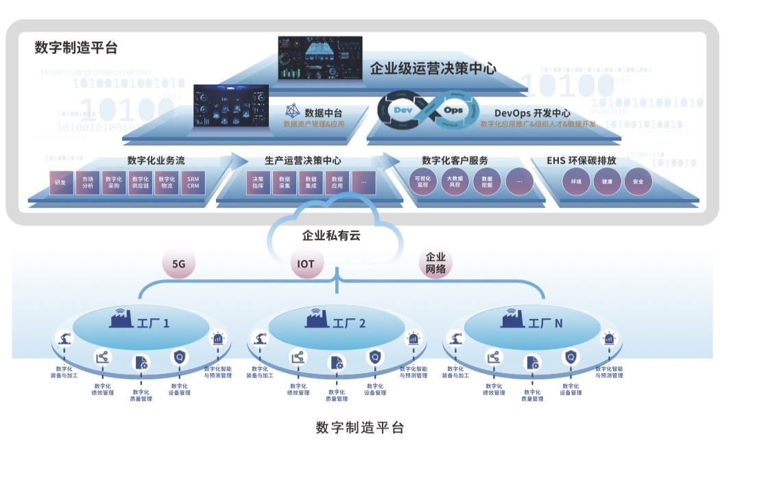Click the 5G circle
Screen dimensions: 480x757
coord(179,264)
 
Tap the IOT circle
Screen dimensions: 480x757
coord(306,264)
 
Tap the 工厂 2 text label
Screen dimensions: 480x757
coord(350,323)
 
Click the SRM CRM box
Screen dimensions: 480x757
coord(193,183)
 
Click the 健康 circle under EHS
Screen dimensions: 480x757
coord(607,182)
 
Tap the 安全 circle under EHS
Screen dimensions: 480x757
coord(638,182)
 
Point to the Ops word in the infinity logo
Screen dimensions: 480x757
coord(453,110)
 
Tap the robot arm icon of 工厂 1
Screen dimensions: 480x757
coord(64,339)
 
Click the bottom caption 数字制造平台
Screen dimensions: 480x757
coord(360,427)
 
